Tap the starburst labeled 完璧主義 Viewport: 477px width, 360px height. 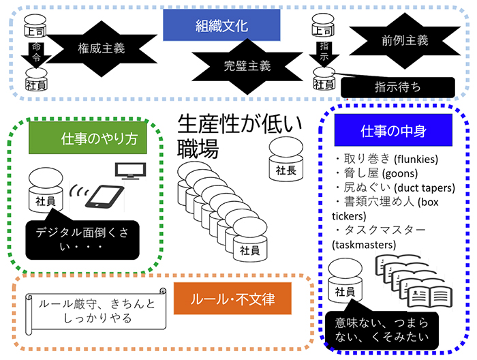coord(247,67)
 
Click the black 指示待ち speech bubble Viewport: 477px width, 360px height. coord(397,87)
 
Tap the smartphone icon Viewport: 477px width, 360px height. coord(104,196)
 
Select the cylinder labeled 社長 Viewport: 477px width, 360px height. coord(286,162)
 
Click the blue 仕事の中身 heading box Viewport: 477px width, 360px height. coord(384,130)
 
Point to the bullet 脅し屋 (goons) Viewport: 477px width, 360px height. coord(372,174)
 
